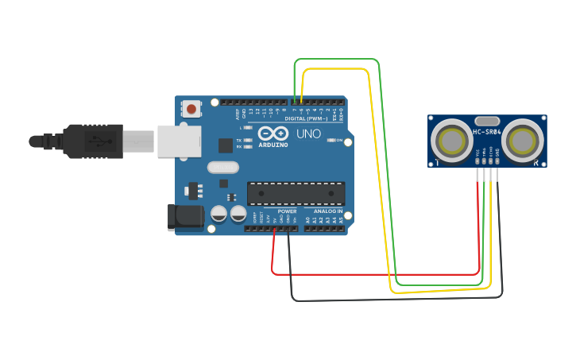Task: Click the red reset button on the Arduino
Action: pos(191,108)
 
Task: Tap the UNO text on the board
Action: pos(309,134)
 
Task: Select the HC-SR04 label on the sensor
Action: pos(487,132)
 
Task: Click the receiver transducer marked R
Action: pos(523,141)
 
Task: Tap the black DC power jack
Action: pos(183,218)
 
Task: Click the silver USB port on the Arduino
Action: pos(178,141)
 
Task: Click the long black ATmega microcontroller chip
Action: pos(296,193)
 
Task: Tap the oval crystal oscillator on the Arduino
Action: pos(222,167)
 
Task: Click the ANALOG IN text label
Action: pos(327,211)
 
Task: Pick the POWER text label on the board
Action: pos(287,211)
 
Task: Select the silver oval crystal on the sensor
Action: pos(487,121)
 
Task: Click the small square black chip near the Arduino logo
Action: pos(226,145)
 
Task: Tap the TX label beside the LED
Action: pos(239,140)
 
